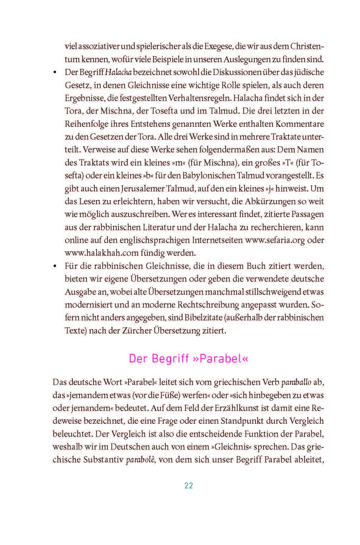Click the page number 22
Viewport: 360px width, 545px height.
(189, 486)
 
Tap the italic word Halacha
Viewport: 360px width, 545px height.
(118, 73)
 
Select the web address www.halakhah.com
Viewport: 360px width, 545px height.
(102, 253)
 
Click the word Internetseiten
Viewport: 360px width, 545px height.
(217, 240)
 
